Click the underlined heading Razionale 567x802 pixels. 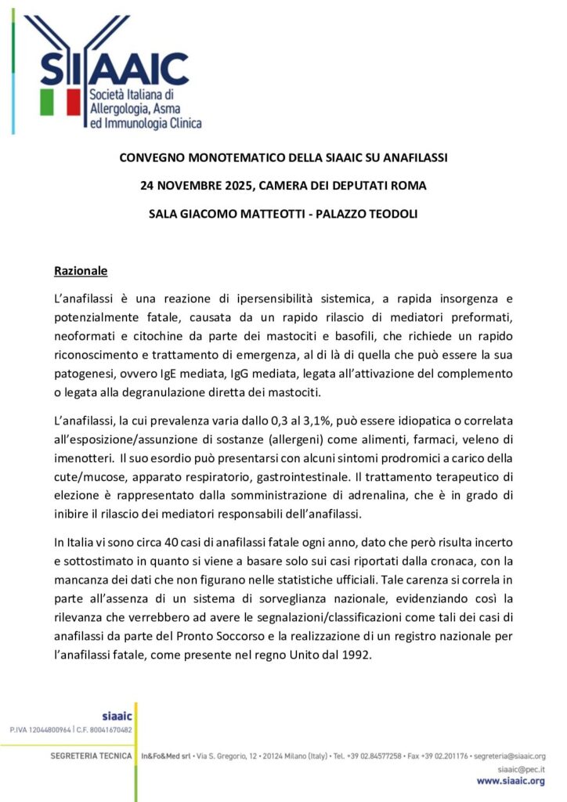point(80,271)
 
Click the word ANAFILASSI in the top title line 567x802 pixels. point(410,157)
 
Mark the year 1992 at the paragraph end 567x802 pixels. point(356,656)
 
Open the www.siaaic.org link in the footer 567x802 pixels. point(511,781)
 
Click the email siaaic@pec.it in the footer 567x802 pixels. point(521,769)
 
